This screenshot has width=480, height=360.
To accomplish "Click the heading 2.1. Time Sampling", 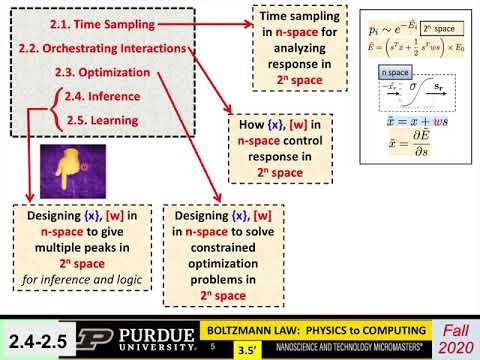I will pyautogui.click(x=98, y=20).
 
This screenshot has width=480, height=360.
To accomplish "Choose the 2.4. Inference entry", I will pyautogui.click(x=107, y=97).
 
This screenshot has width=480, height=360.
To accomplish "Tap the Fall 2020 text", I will pyautogui.click(x=453, y=338).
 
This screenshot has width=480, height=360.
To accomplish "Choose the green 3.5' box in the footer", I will pyautogui.click(x=242, y=350).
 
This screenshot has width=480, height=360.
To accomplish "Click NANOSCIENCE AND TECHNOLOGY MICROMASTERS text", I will pyautogui.click(x=344, y=349).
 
